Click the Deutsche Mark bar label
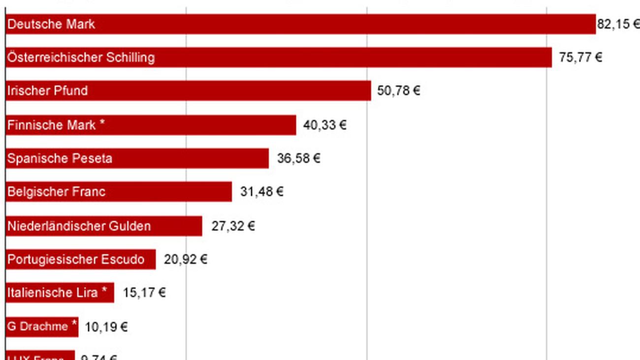coord(51,24)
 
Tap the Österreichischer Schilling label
coord(81,58)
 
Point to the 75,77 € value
coord(580,58)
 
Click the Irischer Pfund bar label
coord(47,91)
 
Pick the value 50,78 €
coord(398,91)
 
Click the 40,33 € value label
coord(324,125)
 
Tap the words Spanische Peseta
coord(60,159)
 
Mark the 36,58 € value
coord(298,159)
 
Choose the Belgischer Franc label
coord(56,192)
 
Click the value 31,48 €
coord(261,192)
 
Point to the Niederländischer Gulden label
coord(79,226)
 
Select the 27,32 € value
coord(233,226)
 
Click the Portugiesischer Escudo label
coord(76,260)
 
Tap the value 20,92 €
coord(185,260)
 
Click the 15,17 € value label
coord(144,293)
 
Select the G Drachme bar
coord(42,327)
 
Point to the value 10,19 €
coord(106,327)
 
